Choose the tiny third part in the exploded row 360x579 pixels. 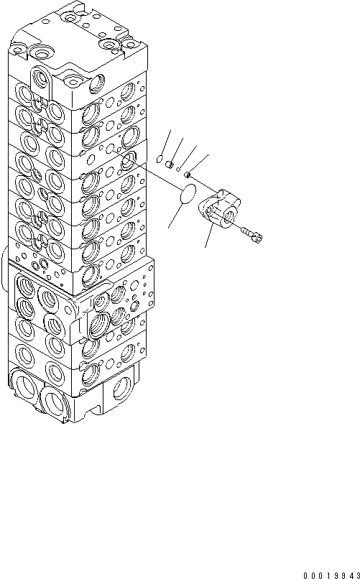(x=178, y=169)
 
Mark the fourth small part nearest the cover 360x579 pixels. (x=187, y=174)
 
